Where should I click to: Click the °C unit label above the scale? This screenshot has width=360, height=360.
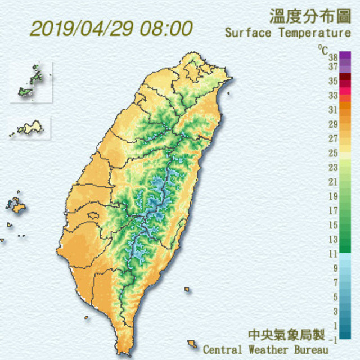coord(322,49)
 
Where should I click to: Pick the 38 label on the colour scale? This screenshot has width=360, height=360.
coord(333,57)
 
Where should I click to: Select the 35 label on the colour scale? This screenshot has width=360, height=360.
coord(333,81)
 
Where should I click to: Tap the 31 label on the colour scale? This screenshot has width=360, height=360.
coord(333,109)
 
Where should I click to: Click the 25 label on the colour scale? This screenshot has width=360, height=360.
coord(333,152)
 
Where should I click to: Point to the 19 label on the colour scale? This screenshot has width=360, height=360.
coord(333,196)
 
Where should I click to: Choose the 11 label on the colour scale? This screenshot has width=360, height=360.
coord(333,254)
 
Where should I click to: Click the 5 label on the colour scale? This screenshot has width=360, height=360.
coord(335,297)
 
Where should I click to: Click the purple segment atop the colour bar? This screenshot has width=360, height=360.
coord(345,56)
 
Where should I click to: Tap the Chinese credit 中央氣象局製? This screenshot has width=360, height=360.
coord(287,336)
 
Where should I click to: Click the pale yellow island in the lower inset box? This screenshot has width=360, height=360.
coord(31,128)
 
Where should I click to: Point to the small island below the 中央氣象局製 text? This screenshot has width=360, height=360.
coord(193,343)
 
